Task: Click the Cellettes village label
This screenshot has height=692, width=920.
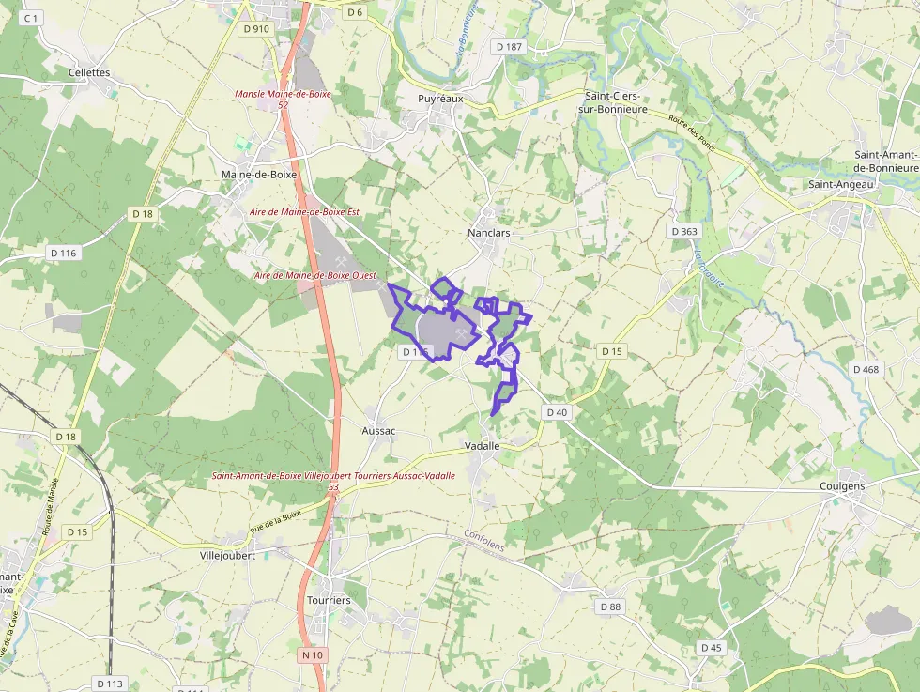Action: [89, 72]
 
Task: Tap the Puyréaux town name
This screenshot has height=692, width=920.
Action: [440, 98]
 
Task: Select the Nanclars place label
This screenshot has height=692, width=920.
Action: [488, 232]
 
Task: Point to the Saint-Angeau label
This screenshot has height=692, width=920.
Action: [841, 184]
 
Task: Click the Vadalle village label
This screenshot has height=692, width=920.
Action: [483, 446]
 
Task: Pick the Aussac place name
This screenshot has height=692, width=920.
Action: [378, 430]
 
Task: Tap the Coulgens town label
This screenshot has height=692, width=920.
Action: [842, 486]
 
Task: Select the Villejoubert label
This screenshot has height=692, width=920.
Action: [228, 555]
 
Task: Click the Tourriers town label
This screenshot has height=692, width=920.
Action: [329, 600]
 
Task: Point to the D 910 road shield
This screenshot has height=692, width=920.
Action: [255, 29]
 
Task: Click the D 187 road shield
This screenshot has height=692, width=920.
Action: [508, 47]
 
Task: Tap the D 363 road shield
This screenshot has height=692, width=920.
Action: [684, 231]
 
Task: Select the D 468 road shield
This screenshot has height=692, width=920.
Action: [866, 369]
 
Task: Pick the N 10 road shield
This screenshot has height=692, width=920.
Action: [313, 654]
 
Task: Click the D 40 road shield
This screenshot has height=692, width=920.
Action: [557, 412]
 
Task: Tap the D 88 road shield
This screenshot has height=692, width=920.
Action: [610, 607]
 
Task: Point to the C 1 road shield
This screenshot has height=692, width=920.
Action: [32, 18]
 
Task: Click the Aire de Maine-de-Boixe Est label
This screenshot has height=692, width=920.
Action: [304, 212]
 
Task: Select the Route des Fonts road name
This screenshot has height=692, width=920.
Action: [693, 131]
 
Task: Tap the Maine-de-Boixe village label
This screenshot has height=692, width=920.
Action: [258, 175]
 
